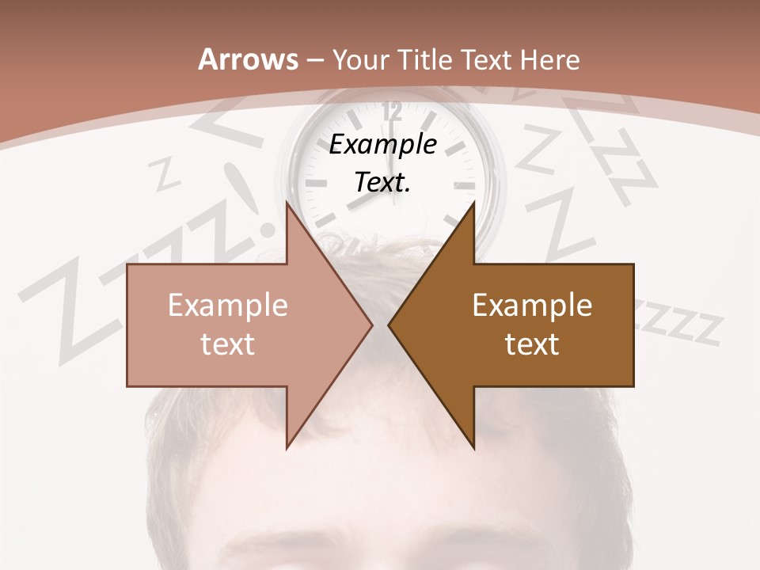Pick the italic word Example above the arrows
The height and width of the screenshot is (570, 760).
382,145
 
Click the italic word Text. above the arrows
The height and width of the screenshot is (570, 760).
382,182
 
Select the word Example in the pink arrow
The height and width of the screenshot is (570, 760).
227,305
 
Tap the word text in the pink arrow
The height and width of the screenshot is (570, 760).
227,344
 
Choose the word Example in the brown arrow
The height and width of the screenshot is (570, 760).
532,305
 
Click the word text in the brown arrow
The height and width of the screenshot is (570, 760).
532,344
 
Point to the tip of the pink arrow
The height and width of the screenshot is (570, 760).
372,325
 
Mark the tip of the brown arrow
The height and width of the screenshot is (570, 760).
389,325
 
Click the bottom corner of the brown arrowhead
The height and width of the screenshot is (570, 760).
473,449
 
